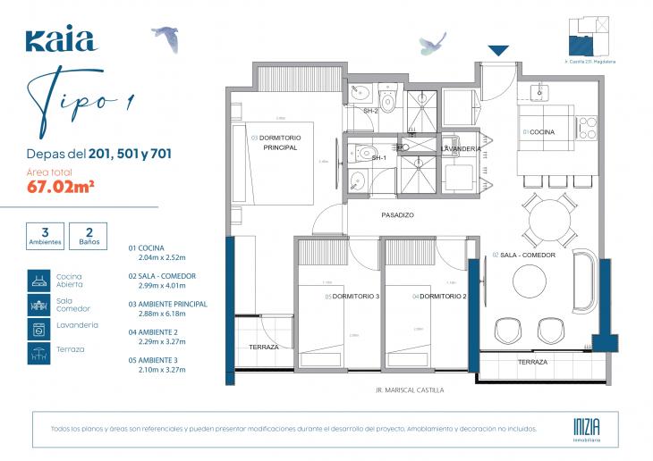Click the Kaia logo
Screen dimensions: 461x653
pyautogui.click(x=61, y=40)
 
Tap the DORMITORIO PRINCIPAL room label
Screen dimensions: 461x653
pyautogui.click(x=283, y=142)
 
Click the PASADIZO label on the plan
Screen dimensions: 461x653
pyautogui.click(x=397, y=215)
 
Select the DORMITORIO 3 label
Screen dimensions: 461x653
pyautogui.click(x=356, y=297)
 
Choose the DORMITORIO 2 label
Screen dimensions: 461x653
pyautogui.click(x=442, y=297)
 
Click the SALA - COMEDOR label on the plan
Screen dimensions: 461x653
pyautogui.click(x=527, y=255)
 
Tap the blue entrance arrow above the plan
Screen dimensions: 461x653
pyautogui.click(x=499, y=51)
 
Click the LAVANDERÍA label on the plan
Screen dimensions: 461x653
pyautogui.click(x=462, y=148)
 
